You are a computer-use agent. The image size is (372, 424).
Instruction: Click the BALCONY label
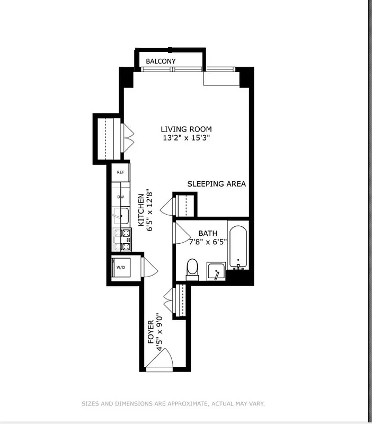tap(161, 61)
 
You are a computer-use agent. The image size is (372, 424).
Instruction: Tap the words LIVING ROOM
tap(186, 129)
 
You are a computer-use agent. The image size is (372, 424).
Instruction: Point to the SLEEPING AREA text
tap(216, 184)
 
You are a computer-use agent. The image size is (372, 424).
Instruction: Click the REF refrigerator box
tap(121, 172)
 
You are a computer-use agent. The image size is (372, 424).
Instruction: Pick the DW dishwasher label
tap(121, 197)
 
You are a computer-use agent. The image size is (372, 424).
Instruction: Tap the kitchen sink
tap(121, 216)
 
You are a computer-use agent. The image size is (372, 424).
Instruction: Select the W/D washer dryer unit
tap(121, 267)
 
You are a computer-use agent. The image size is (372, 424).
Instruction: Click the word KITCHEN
tap(141, 209)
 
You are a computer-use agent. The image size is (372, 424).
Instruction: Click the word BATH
tap(207, 233)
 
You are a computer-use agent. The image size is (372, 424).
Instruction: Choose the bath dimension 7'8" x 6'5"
tap(207, 242)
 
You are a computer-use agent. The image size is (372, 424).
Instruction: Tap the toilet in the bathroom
tap(192, 269)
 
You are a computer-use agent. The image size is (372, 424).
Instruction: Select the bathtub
tap(238, 248)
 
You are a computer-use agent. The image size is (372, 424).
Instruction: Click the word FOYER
tap(150, 332)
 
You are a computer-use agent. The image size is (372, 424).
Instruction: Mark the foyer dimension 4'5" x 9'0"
tap(159, 332)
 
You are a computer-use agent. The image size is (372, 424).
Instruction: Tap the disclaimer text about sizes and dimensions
tap(173, 404)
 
